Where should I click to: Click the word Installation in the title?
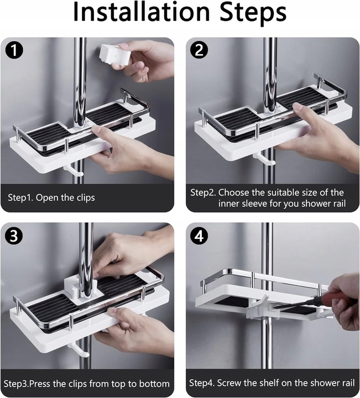tap(142, 12)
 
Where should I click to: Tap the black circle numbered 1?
tap(14, 50)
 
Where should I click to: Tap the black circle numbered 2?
tap(199, 50)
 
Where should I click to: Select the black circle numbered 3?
tap(14, 236)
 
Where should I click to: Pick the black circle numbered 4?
tap(199, 236)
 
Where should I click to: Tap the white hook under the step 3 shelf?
tap(79, 350)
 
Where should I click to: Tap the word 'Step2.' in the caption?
tap(203, 193)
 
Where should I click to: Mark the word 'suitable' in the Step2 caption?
tap(268, 193)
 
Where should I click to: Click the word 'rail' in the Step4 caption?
tap(348, 383)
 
